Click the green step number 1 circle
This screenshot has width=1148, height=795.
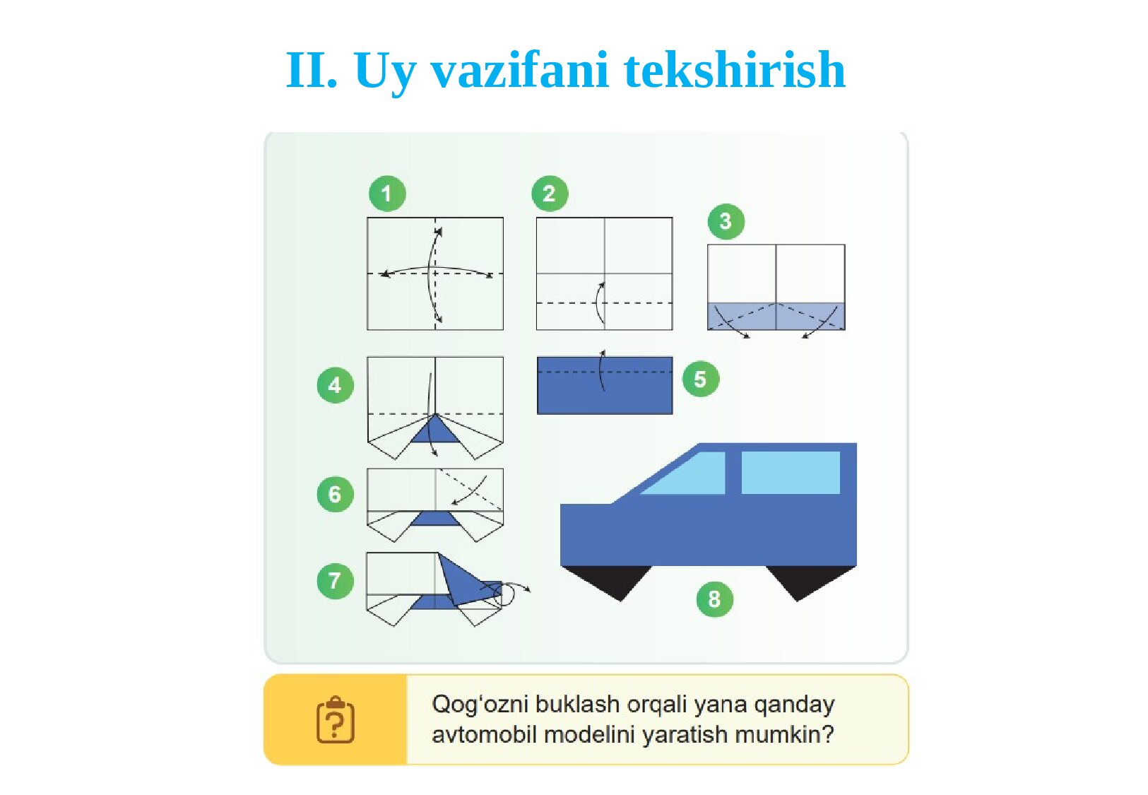pyautogui.click(x=387, y=194)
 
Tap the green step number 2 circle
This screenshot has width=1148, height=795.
pyautogui.click(x=550, y=194)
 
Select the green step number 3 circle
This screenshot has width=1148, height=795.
pyautogui.click(x=726, y=221)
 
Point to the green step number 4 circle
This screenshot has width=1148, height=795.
pyautogui.click(x=336, y=385)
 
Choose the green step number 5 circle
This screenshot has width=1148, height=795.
pyautogui.click(x=701, y=379)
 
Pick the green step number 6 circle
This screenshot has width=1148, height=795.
pyautogui.click(x=336, y=494)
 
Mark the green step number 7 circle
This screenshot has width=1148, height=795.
pyautogui.click(x=336, y=581)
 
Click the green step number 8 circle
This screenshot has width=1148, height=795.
pyautogui.click(x=715, y=599)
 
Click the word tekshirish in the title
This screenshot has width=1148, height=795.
pyautogui.click(x=735, y=70)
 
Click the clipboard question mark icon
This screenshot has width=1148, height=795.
pyautogui.click(x=336, y=719)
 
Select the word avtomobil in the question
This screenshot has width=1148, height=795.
pyautogui.click(x=484, y=734)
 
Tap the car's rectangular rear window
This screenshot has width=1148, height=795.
pyautogui.click(x=791, y=473)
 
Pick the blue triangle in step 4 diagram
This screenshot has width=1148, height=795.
pyautogui.click(x=435, y=430)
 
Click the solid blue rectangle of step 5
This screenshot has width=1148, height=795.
pyautogui.click(x=605, y=385)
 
